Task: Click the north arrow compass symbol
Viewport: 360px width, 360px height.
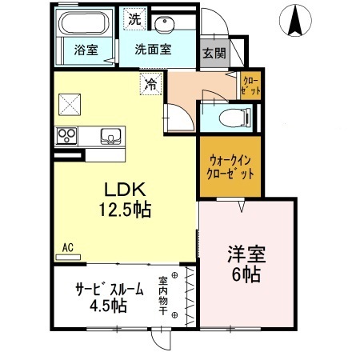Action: click(x=295, y=21)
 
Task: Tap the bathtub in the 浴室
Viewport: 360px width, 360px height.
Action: click(x=84, y=22)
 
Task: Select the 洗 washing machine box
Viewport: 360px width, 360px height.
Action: click(x=134, y=19)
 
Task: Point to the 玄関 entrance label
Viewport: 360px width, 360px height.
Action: click(x=214, y=54)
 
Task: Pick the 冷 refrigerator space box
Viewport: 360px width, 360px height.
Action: click(x=151, y=84)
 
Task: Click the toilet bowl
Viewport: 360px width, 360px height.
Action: click(x=235, y=118)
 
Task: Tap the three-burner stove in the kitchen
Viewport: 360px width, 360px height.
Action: click(x=66, y=136)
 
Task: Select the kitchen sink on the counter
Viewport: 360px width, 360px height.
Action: click(x=110, y=136)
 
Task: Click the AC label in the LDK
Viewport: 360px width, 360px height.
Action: click(x=68, y=248)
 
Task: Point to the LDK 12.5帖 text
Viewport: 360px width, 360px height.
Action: click(x=125, y=199)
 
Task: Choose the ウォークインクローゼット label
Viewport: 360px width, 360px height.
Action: click(x=230, y=167)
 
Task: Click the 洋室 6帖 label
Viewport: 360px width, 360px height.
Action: click(x=246, y=264)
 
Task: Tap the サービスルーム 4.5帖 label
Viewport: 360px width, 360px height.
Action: click(x=110, y=298)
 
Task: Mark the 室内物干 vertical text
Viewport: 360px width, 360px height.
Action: click(x=163, y=295)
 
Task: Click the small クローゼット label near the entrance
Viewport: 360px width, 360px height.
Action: click(x=250, y=86)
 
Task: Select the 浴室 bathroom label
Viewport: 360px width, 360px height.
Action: click(x=86, y=50)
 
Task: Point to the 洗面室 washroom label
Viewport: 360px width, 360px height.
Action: click(x=153, y=50)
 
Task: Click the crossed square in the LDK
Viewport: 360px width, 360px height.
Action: click(x=70, y=105)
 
